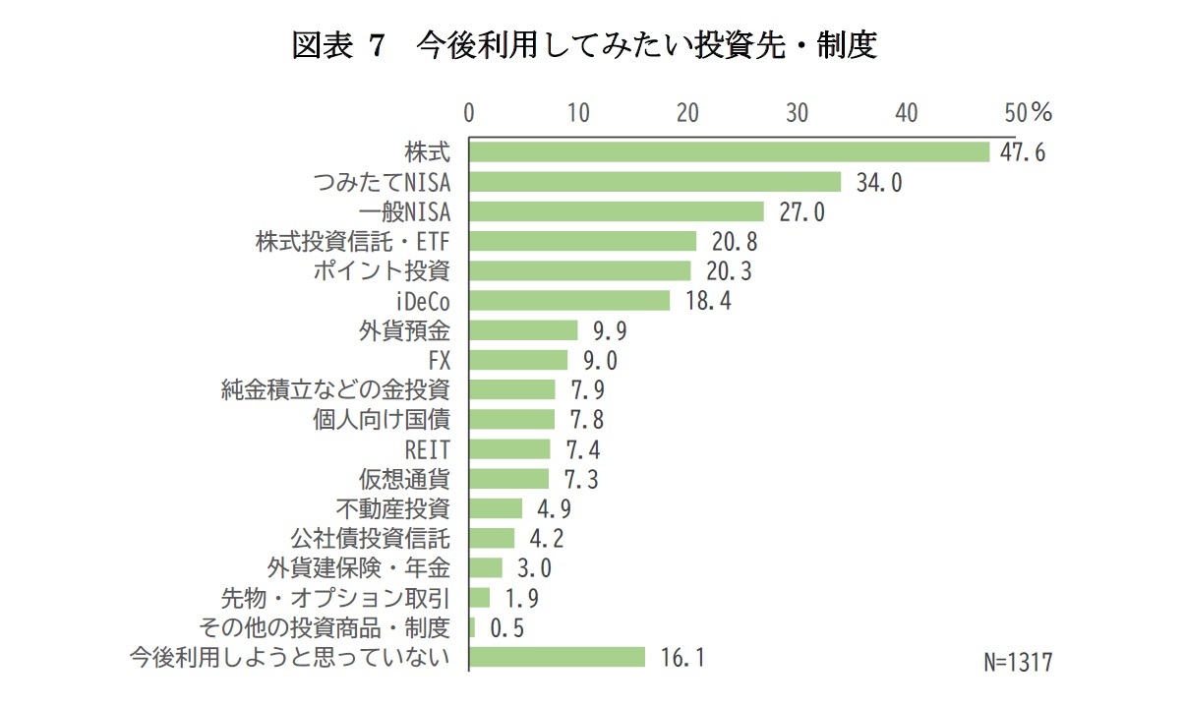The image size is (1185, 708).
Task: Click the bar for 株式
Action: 729,151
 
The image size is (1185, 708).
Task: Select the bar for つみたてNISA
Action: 655,182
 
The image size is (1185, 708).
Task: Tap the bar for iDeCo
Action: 569,300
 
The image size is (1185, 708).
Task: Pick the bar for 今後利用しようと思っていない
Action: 557,657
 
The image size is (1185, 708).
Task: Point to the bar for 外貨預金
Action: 523,329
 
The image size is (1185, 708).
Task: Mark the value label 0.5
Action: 506,628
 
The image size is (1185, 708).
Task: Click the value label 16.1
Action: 681,658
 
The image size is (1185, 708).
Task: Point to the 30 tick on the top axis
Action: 797,113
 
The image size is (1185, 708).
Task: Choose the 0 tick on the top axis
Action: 469,113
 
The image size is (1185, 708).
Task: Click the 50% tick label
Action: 1028,113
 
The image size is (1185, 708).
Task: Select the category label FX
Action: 440,360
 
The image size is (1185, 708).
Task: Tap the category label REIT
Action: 428,449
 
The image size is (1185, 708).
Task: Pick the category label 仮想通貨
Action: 405,479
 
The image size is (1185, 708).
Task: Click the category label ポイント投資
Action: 382,271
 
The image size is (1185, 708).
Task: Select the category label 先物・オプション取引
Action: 335,598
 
